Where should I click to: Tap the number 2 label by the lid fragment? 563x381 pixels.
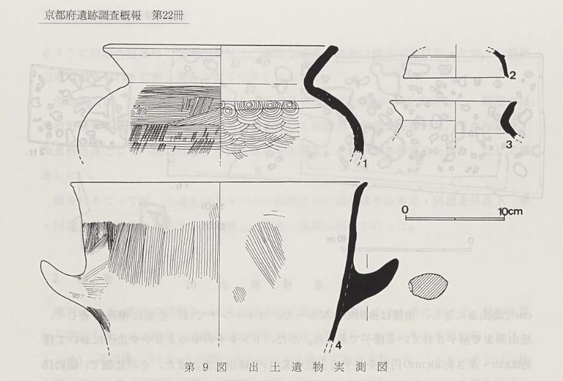[x=513, y=76]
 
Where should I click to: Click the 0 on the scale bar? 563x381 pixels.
[x=406, y=209]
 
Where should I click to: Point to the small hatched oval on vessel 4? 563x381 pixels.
[x=240, y=294]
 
